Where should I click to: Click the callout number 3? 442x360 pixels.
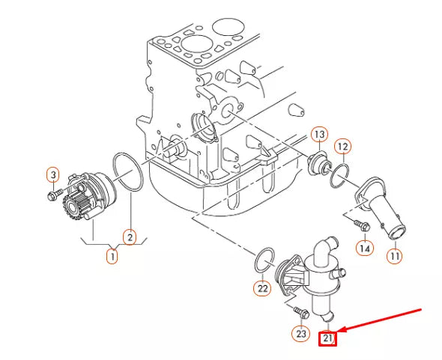point(53,175)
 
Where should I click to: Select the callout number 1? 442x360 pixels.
point(112,256)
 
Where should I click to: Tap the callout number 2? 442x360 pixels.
point(130,238)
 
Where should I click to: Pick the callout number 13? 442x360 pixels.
point(319,135)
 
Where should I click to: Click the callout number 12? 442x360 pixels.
point(342,146)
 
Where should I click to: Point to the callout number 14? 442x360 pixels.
point(364,247)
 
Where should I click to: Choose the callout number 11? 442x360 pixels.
point(395,256)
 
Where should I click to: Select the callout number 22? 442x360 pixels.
point(261,287)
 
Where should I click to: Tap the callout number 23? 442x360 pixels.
point(301,334)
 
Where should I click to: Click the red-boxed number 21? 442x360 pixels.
point(328,338)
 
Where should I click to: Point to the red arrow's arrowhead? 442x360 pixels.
point(339,329)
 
